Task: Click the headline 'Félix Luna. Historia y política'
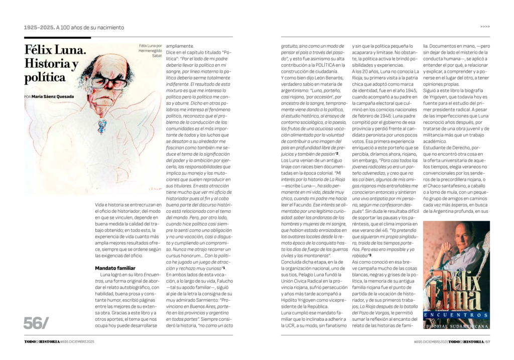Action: coord(55,64)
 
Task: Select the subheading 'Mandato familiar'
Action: coord(115,268)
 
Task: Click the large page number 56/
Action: coord(37,323)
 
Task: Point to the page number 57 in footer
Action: coord(487,342)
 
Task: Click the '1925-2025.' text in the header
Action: coord(39,27)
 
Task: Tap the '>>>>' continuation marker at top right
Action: coord(484,27)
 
